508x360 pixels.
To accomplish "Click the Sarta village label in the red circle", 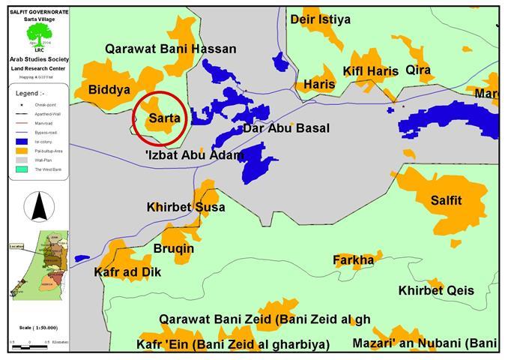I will pyautogui.click(x=164, y=118).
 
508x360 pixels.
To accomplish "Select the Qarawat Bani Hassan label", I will pyautogui.click(x=170, y=49).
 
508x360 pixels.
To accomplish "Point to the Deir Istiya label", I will pyautogui.click(x=320, y=19).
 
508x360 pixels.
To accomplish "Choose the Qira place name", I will pyautogui.click(x=418, y=70).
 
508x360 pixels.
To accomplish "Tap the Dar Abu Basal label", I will pyautogui.click(x=286, y=128).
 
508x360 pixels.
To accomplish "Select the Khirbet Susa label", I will pyautogui.click(x=186, y=207).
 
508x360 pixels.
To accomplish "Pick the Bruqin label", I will pyautogui.click(x=173, y=248).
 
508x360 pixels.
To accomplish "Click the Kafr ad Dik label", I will pyautogui.click(x=124, y=271).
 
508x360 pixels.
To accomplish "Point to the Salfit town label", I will pyautogui.click(x=447, y=200).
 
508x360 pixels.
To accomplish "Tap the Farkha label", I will pyautogui.click(x=353, y=260).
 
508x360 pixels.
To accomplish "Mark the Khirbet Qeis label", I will pyautogui.click(x=436, y=290).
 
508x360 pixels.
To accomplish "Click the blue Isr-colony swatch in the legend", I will pyautogui.click(x=18, y=140).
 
